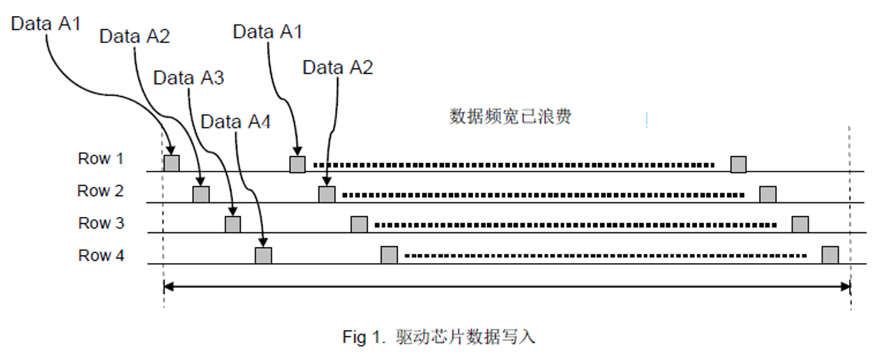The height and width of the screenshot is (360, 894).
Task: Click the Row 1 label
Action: click(x=100, y=159)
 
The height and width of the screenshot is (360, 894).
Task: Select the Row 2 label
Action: click(x=100, y=191)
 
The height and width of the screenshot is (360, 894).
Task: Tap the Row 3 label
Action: click(x=100, y=223)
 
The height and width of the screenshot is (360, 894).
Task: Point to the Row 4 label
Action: click(x=100, y=255)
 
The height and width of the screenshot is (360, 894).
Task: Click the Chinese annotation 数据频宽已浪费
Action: click(x=510, y=117)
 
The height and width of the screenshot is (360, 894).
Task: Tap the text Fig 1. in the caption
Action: click(x=365, y=337)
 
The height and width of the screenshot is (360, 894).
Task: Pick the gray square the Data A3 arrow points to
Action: click(x=232, y=224)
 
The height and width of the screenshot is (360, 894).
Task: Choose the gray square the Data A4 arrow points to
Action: click(x=263, y=255)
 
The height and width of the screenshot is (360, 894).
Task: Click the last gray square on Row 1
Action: click(x=739, y=164)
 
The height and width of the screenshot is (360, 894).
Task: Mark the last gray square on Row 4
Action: click(x=829, y=255)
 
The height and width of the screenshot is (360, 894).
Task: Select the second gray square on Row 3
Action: click(x=359, y=224)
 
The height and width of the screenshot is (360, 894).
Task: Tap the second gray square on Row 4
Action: click(x=389, y=255)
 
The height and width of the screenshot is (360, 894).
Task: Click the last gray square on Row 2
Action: click(x=768, y=194)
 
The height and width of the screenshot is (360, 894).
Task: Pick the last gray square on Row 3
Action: click(x=800, y=224)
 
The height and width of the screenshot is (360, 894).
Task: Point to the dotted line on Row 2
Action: click(x=542, y=195)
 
